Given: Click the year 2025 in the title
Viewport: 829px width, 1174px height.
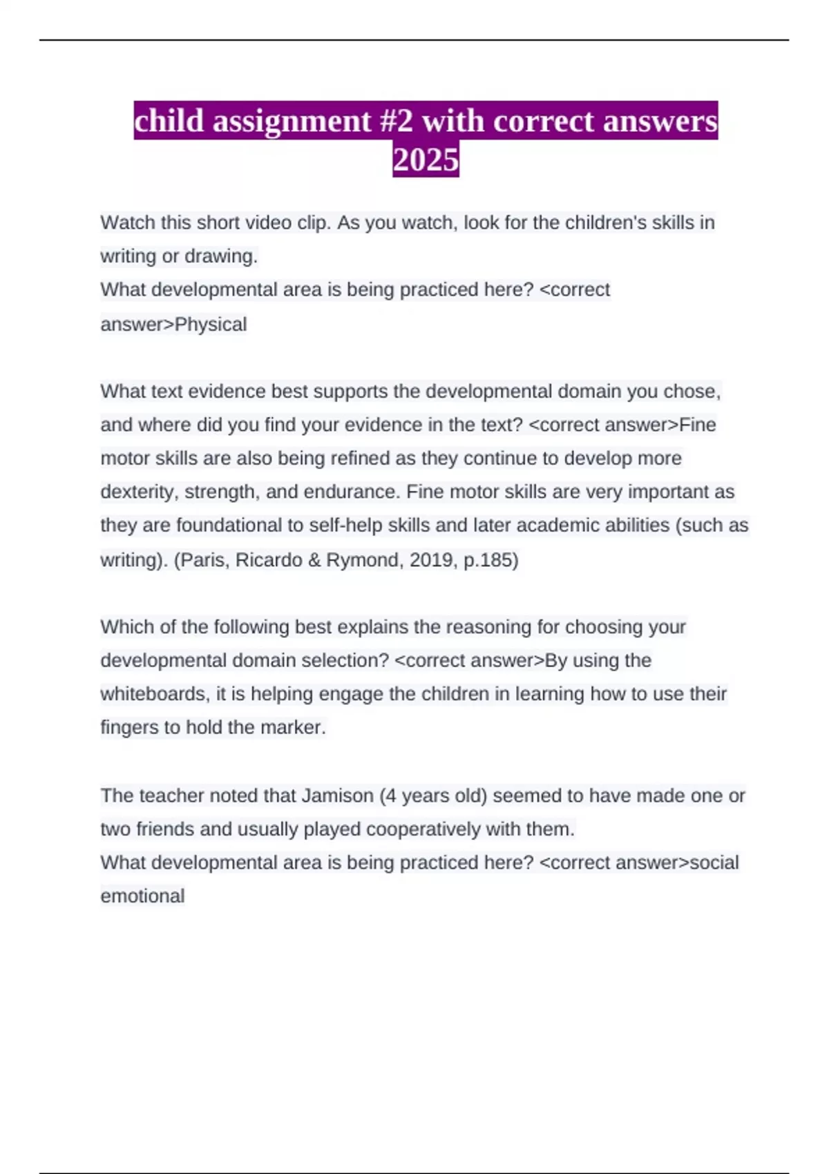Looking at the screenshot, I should [426, 160].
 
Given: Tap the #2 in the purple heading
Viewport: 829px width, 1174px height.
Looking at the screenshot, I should [396, 121].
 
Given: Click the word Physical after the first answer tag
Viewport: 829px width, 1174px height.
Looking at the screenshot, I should [211, 324].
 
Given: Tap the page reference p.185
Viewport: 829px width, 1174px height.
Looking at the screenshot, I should [490, 559].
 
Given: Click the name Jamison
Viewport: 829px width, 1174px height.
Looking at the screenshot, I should [337, 796].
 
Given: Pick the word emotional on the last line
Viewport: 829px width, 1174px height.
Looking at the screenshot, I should [142, 896].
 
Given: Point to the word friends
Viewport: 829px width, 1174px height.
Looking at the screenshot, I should [165, 829].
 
